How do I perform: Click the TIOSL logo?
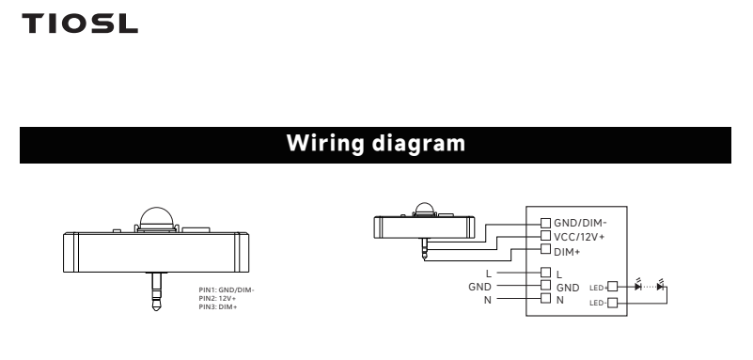pyautogui.click(x=80, y=23)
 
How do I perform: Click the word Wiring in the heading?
pyautogui.click(x=325, y=144)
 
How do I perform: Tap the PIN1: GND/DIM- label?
pyautogui.click(x=227, y=290)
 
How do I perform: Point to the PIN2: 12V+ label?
pyautogui.click(x=217, y=298)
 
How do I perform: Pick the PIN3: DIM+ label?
pyautogui.click(x=218, y=306)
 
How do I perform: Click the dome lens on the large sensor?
pyautogui.click(x=157, y=218)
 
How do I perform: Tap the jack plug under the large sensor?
pyautogui.click(x=156, y=291)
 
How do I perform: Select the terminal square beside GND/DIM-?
pyautogui.click(x=545, y=223)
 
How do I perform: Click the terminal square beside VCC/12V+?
pyautogui.click(x=545, y=236)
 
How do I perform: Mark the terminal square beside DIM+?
pyautogui.click(x=545, y=249)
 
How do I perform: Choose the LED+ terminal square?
pyautogui.click(x=612, y=287)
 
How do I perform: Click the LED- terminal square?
pyautogui.click(x=612, y=303)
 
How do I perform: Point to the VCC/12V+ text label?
pyautogui.click(x=579, y=237)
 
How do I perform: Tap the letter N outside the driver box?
pyautogui.click(x=488, y=300)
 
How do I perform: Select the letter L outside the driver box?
pyautogui.click(x=489, y=274)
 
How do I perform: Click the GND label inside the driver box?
pyautogui.click(x=568, y=288)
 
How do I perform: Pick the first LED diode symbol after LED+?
pyautogui.click(x=637, y=287)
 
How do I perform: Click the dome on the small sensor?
pyautogui.click(x=425, y=209)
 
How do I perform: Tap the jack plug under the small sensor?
pyautogui.click(x=425, y=249)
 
